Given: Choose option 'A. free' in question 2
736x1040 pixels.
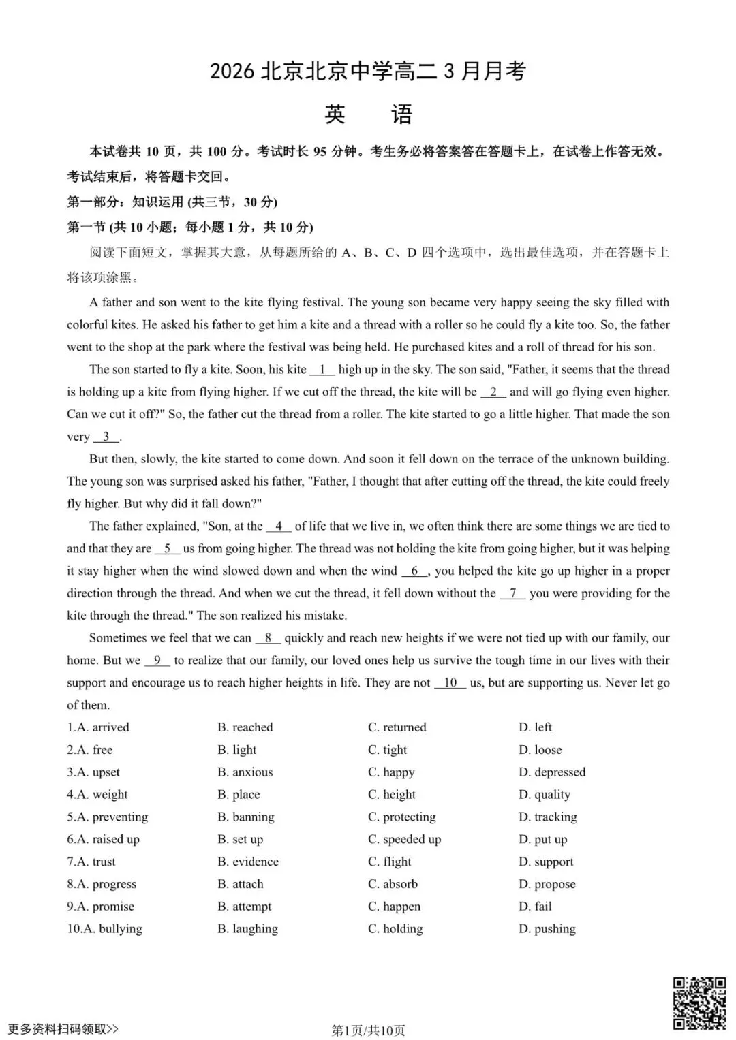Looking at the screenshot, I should click(90, 750).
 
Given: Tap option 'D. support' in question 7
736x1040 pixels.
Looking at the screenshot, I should click(546, 862).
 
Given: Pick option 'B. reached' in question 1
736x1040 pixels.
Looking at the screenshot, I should click(245, 727).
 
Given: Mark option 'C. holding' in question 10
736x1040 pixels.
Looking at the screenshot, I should click(395, 929).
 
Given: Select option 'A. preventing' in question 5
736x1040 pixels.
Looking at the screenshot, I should click(108, 817).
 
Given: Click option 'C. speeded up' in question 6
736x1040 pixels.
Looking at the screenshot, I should click(404, 840).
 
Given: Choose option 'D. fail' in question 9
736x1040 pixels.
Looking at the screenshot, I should click(535, 907).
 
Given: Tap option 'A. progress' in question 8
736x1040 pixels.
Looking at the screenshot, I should click(102, 884).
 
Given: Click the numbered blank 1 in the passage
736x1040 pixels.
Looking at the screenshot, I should click(322, 370).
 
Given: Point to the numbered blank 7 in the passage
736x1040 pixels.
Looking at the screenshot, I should click(512, 593).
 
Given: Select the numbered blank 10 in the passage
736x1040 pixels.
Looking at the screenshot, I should click(450, 682).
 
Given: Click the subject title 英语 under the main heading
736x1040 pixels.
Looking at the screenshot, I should click(368, 114).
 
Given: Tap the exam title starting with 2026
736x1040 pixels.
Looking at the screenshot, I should click(368, 72).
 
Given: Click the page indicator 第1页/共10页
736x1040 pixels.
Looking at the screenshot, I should click(368, 1030).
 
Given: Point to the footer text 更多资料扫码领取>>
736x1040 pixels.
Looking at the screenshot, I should click(63, 1029).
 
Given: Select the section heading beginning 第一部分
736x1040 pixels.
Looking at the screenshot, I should click(172, 202).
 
